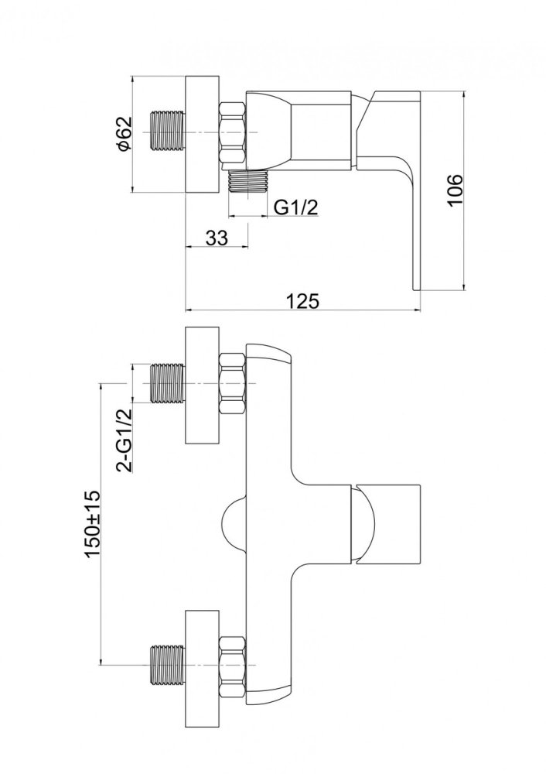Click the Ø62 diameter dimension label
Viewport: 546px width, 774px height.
click(125, 133)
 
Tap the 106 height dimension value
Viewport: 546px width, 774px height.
click(455, 190)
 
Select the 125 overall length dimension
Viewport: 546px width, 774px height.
click(304, 300)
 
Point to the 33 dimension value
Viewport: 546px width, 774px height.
click(217, 238)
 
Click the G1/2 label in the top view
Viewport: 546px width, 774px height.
click(296, 207)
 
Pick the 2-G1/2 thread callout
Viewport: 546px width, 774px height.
click(125, 440)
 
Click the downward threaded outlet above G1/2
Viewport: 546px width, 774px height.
click(247, 180)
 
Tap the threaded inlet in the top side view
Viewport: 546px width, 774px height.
click(168, 132)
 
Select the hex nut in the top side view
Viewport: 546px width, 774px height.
click(232, 132)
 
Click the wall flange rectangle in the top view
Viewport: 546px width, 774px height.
click(202, 134)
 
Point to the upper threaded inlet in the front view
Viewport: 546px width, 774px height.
click(168, 384)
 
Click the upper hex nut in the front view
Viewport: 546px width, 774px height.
click(232, 384)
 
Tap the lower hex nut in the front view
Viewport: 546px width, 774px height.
click(232, 666)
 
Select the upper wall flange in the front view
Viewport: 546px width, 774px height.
click(202, 385)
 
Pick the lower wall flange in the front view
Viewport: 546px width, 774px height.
click(202, 667)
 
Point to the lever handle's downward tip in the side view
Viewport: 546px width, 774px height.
click(416, 289)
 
